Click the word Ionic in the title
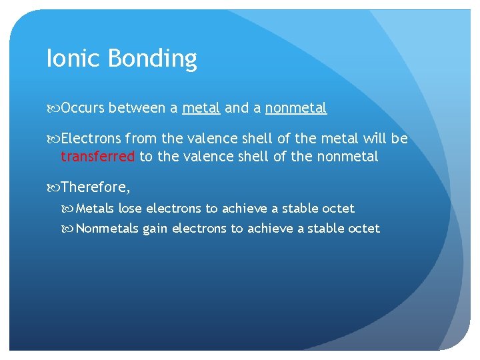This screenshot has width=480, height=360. tap(65, 59)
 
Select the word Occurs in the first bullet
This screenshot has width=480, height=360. tap(82, 108)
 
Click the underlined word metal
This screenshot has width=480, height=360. tap(201, 108)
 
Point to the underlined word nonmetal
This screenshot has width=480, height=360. tap(296, 108)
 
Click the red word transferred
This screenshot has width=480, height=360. tap(98, 157)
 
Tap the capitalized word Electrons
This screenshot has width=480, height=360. tap(91, 139)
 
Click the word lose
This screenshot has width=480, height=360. tap(130, 209)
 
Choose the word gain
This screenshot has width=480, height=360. tap(155, 229)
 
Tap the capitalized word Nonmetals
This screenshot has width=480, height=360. tap(107, 229)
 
